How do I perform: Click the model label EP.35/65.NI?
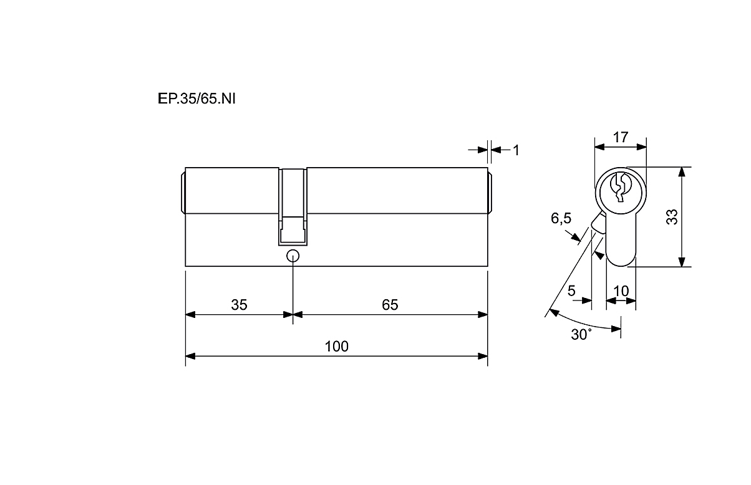tap(196, 99)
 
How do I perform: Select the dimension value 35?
tap(239, 305)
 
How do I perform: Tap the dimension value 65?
tap(390, 305)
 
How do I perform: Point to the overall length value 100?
tap(337, 346)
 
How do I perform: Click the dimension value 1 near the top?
tap(516, 150)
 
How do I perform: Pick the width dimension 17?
tap(620, 137)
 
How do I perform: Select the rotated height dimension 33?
tap(672, 217)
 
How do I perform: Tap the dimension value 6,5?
tap(561, 219)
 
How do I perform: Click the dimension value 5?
tap(571, 291)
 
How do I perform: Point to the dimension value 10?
tap(621, 291)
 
